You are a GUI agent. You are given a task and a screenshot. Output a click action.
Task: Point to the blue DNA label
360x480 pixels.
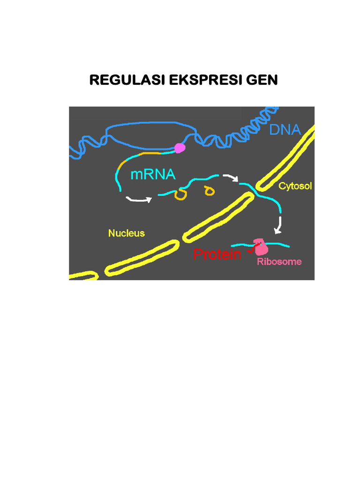[x=285, y=129]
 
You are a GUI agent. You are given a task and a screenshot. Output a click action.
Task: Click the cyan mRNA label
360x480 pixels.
[x=153, y=175]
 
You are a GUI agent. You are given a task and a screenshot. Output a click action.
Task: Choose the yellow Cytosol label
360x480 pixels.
[x=295, y=186]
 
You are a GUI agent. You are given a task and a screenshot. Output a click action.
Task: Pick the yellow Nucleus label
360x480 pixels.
[x=127, y=233]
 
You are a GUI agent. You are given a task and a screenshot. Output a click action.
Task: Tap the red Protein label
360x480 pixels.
[x=217, y=255]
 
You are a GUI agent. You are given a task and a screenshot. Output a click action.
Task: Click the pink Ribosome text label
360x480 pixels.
[x=279, y=262]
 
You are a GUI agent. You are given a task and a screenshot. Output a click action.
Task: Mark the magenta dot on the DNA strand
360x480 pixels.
[x=179, y=148]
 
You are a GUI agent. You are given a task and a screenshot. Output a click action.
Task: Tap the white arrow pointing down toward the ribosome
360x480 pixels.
[x=278, y=225]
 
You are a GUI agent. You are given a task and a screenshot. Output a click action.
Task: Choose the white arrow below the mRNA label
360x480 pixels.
[x=139, y=199]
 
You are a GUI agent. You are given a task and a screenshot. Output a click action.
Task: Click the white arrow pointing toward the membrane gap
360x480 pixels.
[x=230, y=178]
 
